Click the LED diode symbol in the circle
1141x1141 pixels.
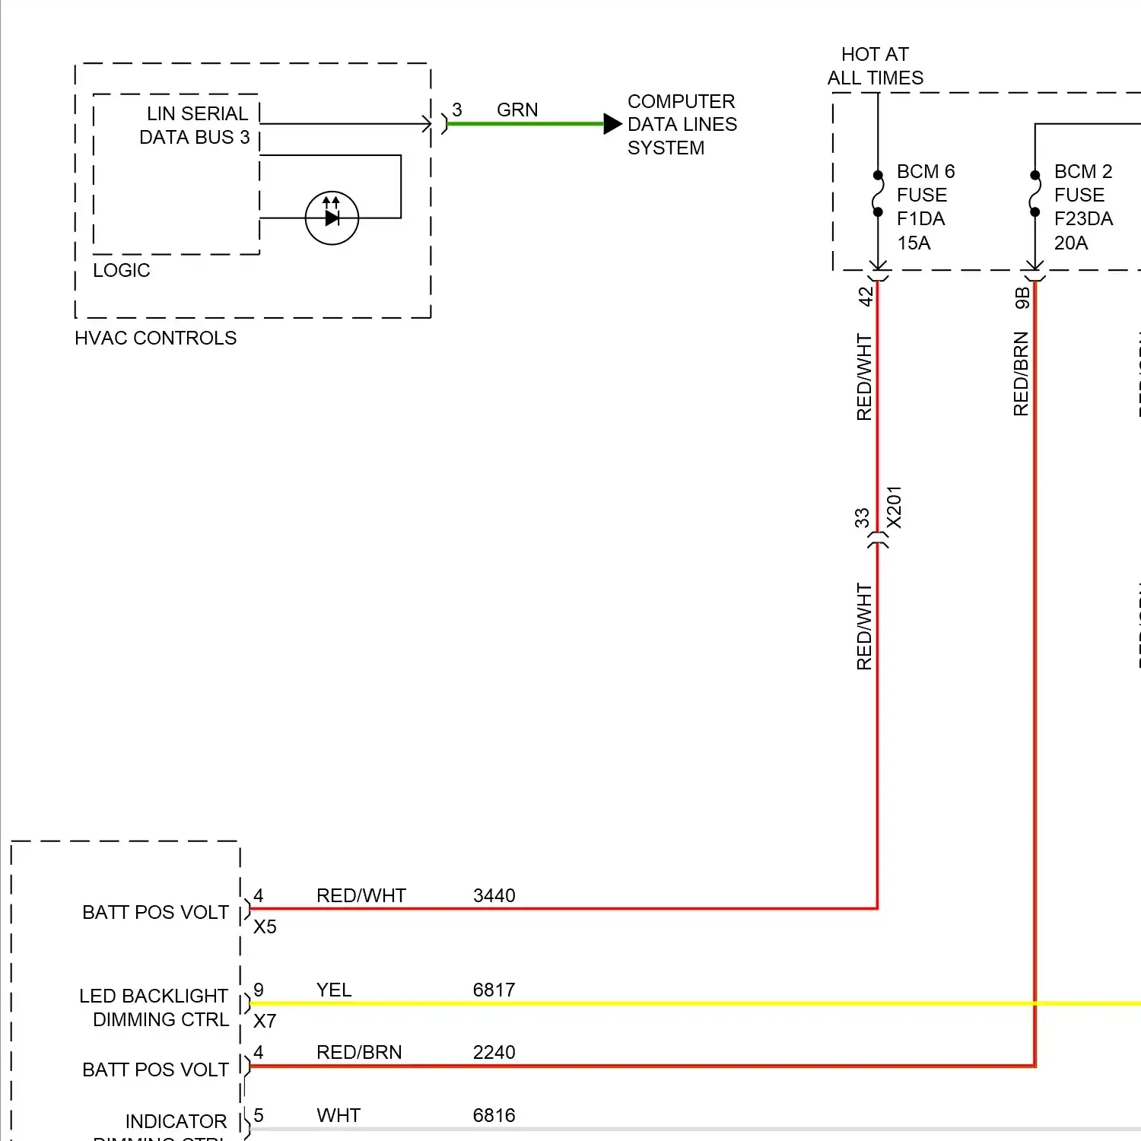point(332,218)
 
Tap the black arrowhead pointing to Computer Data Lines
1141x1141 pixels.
point(612,124)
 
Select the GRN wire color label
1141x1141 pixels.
point(517,110)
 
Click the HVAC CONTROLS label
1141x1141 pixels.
point(155,338)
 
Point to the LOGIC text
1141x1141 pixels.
point(121,270)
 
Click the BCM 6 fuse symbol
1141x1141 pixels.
point(878,193)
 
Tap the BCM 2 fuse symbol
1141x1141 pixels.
point(1035,193)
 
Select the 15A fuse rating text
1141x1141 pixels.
point(914,243)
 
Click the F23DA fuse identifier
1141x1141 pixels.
point(1083,219)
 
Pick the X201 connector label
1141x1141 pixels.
point(895,507)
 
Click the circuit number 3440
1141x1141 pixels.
point(494,895)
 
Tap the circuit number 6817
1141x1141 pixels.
point(494,990)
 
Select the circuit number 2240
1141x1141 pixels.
point(494,1052)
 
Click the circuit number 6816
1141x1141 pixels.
point(494,1115)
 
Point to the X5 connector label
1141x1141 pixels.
point(265,926)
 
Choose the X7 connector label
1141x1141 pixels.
point(265,1021)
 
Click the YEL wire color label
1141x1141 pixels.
point(334,990)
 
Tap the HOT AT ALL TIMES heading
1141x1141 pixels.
point(875,66)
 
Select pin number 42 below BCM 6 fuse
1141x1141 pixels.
point(866,296)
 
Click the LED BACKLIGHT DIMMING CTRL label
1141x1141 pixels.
point(154,1007)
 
